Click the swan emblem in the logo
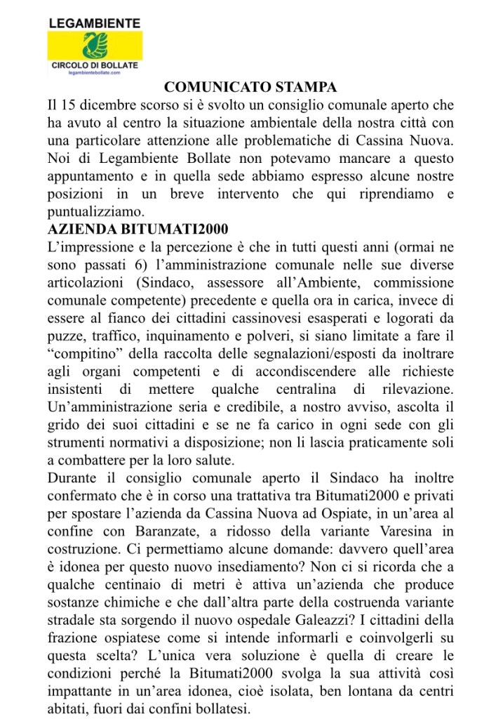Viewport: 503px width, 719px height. (94, 46)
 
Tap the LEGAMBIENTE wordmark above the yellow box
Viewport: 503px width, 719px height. (94, 22)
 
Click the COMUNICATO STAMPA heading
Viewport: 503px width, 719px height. (250, 88)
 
